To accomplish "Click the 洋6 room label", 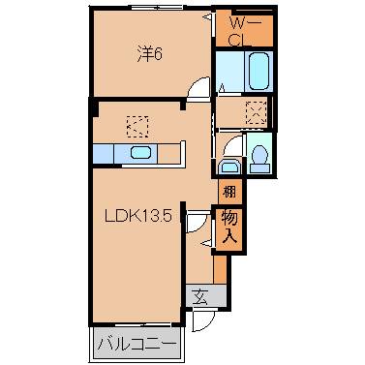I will tap(147, 54).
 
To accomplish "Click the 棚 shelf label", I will tap(228, 192).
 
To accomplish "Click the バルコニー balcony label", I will tap(137, 344).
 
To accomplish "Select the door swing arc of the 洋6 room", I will tap(198, 88).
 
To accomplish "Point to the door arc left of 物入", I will tap(198, 224).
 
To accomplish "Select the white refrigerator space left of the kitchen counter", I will tap(103, 153).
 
